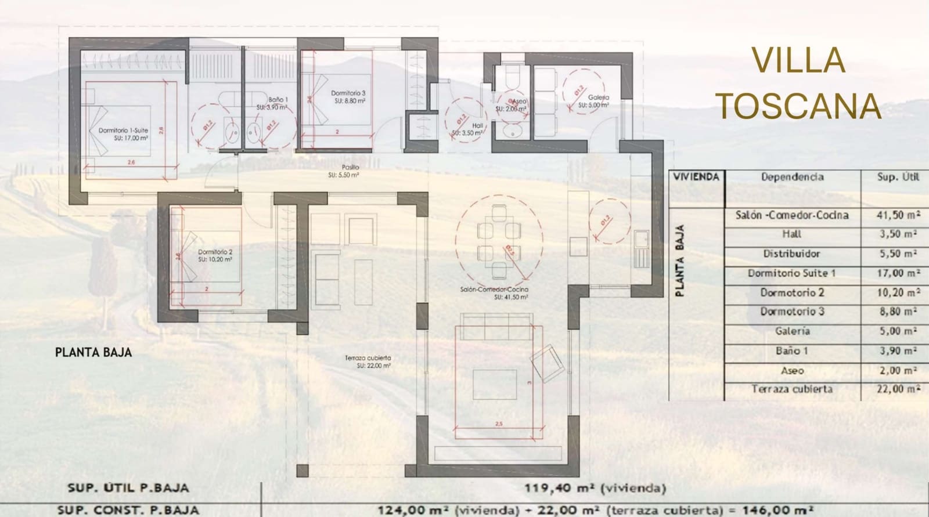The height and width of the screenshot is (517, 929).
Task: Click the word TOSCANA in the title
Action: (x=800, y=106)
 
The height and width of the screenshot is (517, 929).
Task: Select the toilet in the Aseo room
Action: (x=511, y=77)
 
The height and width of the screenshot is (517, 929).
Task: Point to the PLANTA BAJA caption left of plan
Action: (x=93, y=352)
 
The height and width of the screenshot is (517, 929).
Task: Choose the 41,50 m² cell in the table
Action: (x=898, y=215)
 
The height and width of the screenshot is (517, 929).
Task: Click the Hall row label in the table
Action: (x=791, y=234)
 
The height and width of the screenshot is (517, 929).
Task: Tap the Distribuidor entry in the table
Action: (x=791, y=254)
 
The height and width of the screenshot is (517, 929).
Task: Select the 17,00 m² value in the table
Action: (x=898, y=273)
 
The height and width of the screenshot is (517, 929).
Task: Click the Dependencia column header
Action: (x=792, y=177)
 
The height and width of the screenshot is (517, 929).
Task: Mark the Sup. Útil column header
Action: (x=898, y=177)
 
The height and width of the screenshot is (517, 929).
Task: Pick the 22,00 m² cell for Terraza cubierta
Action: (x=898, y=389)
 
